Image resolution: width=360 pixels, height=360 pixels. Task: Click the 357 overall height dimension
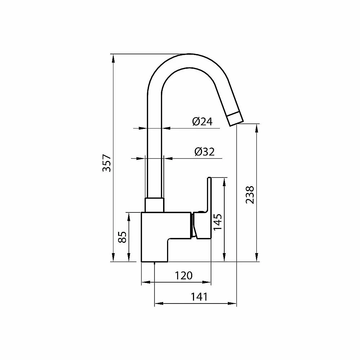pyautogui.click(x=107, y=163)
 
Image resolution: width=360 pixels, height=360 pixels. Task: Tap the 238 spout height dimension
pyautogui.click(x=250, y=195)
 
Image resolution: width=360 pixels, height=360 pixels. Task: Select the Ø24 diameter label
pyautogui.click(x=202, y=121)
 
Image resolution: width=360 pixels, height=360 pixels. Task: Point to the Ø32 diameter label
pyautogui.click(x=204, y=152)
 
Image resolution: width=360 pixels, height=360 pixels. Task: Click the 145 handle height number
pyautogui.click(x=217, y=222)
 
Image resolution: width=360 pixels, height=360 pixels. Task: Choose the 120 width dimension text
pyautogui.click(x=184, y=275)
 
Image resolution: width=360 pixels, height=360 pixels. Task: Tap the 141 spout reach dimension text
pyautogui.click(x=199, y=297)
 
